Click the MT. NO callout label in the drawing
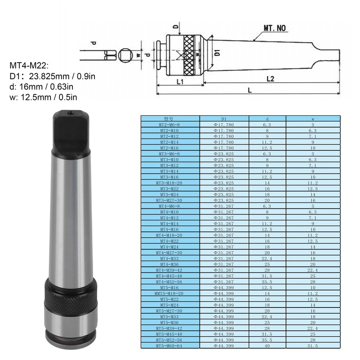(274, 28)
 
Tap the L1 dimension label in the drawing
(179, 81)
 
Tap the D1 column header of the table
(224, 119)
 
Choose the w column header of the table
(313, 119)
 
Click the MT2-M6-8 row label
(170, 125)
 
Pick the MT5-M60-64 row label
(170, 346)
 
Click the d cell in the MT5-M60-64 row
(267, 346)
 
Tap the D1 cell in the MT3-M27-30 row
(224, 200)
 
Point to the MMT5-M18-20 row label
(170, 293)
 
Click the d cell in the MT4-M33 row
(267, 259)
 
